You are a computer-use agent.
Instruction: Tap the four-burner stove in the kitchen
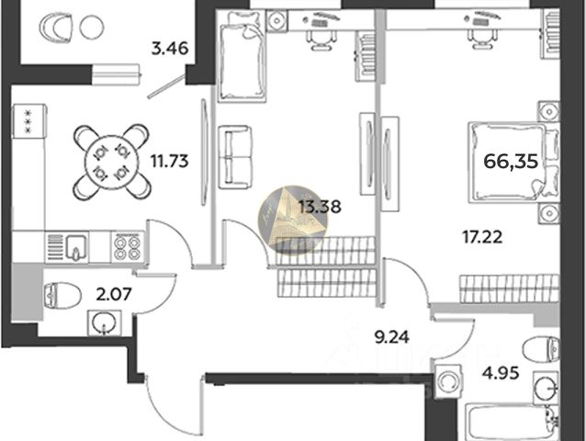[126, 245]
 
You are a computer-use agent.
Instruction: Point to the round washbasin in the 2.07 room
[104, 323]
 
